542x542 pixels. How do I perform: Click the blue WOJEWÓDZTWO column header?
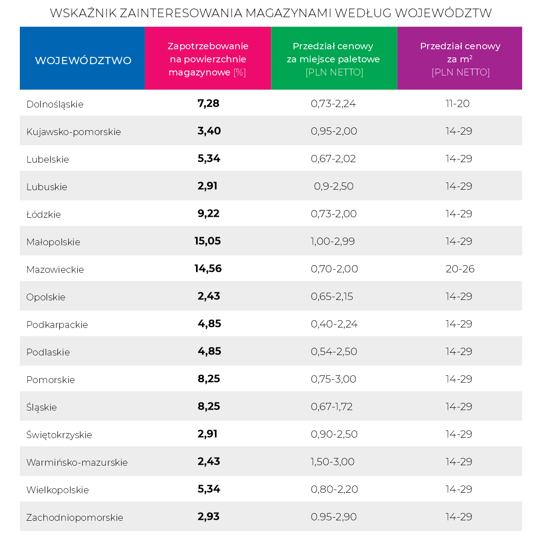pyautogui.click(x=83, y=60)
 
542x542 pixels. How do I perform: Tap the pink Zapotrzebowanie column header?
pyautogui.click(x=208, y=59)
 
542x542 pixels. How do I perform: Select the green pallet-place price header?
pyautogui.click(x=334, y=59)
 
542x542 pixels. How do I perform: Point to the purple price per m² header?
pyautogui.click(x=460, y=59)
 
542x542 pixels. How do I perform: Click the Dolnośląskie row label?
pyautogui.click(x=55, y=104)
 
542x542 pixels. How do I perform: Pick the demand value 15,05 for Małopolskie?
pyautogui.click(x=208, y=241)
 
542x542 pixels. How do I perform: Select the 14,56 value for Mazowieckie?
pyautogui.click(x=208, y=269)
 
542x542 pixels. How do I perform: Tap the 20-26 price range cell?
pyautogui.click(x=460, y=269)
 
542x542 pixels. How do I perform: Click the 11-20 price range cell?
pyautogui.click(x=458, y=104)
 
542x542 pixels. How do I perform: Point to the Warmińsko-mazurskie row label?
pyautogui.click(x=77, y=463)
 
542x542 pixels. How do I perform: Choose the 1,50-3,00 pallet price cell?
pyautogui.click(x=332, y=462)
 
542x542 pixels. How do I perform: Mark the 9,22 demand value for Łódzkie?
pyautogui.click(x=208, y=214)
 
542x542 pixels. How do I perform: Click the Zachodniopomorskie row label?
pyautogui.click(x=75, y=518)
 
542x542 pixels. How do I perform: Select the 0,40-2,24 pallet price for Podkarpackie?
pyautogui.click(x=334, y=324)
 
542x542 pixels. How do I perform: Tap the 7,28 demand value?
pyautogui.click(x=208, y=103)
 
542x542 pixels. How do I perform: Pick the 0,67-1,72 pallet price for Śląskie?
pyautogui.click(x=332, y=406)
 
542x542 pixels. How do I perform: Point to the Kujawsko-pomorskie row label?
pyautogui.click(x=74, y=132)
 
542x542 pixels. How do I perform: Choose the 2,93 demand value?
pyautogui.click(x=208, y=517)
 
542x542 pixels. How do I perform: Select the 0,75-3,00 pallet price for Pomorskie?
pyautogui.click(x=333, y=379)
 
